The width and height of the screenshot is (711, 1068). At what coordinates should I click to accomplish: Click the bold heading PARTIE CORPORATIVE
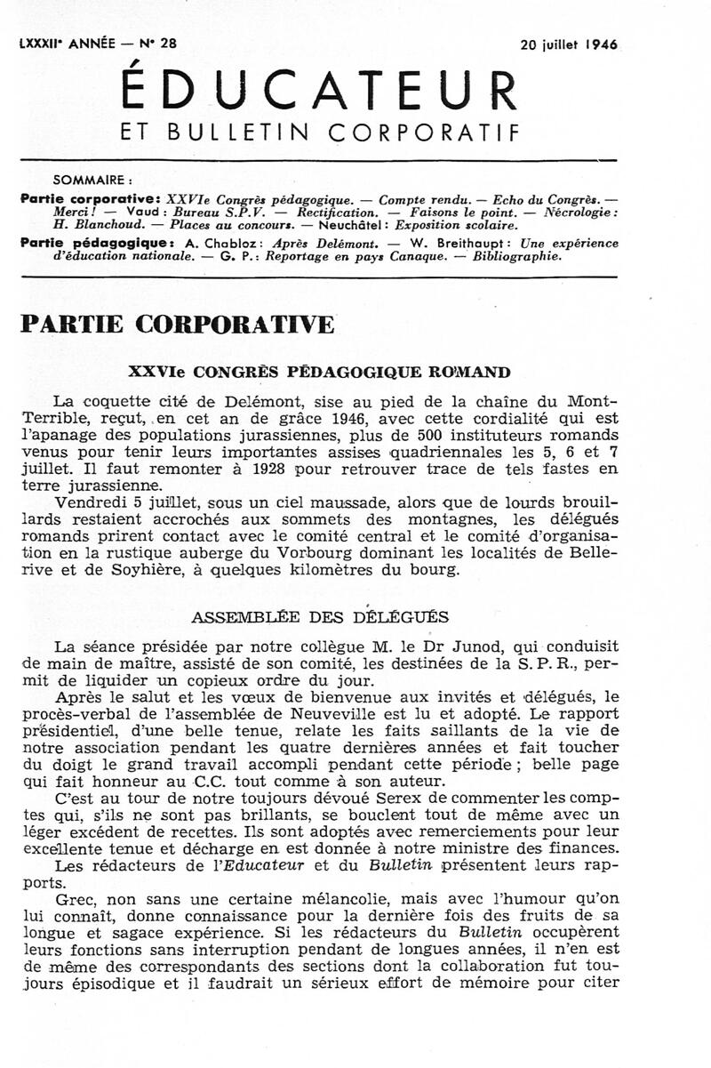coord(177,325)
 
